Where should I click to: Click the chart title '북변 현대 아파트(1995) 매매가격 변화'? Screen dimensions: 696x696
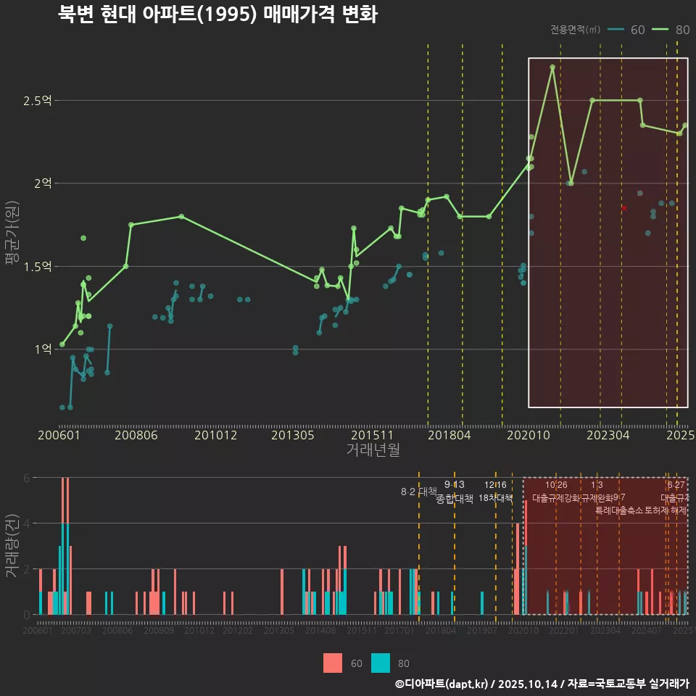(217, 15)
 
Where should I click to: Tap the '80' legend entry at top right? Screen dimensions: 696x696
(671, 30)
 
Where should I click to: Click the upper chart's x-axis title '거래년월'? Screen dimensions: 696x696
(373, 449)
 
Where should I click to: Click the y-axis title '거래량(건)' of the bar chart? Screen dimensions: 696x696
(12, 546)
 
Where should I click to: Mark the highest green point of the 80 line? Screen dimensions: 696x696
(552, 67)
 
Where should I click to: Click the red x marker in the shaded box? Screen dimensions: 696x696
(623, 209)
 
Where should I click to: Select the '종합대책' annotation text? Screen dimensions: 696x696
(455, 499)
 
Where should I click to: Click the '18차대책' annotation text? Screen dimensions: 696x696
(496, 498)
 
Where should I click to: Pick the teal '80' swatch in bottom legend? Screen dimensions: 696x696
(380, 663)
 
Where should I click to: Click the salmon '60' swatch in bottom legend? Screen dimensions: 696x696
(332, 663)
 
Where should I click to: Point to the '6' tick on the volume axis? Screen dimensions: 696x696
(27, 478)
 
